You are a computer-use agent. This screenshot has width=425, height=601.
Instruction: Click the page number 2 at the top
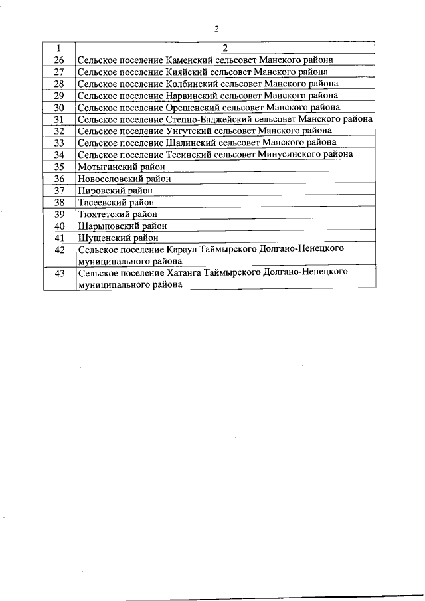216,29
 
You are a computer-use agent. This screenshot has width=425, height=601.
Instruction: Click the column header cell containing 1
59,48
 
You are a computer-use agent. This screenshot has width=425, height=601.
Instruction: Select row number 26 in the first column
59,60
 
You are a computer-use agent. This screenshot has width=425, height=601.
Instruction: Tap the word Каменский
186,60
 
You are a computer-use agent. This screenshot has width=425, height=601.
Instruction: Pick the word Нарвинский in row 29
188,96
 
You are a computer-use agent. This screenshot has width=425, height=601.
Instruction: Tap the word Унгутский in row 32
185,131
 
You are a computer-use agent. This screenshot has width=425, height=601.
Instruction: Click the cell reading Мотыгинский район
121,167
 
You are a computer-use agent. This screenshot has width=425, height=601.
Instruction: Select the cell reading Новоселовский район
124,179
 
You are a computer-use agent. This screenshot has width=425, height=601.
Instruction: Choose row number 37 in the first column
59,190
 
